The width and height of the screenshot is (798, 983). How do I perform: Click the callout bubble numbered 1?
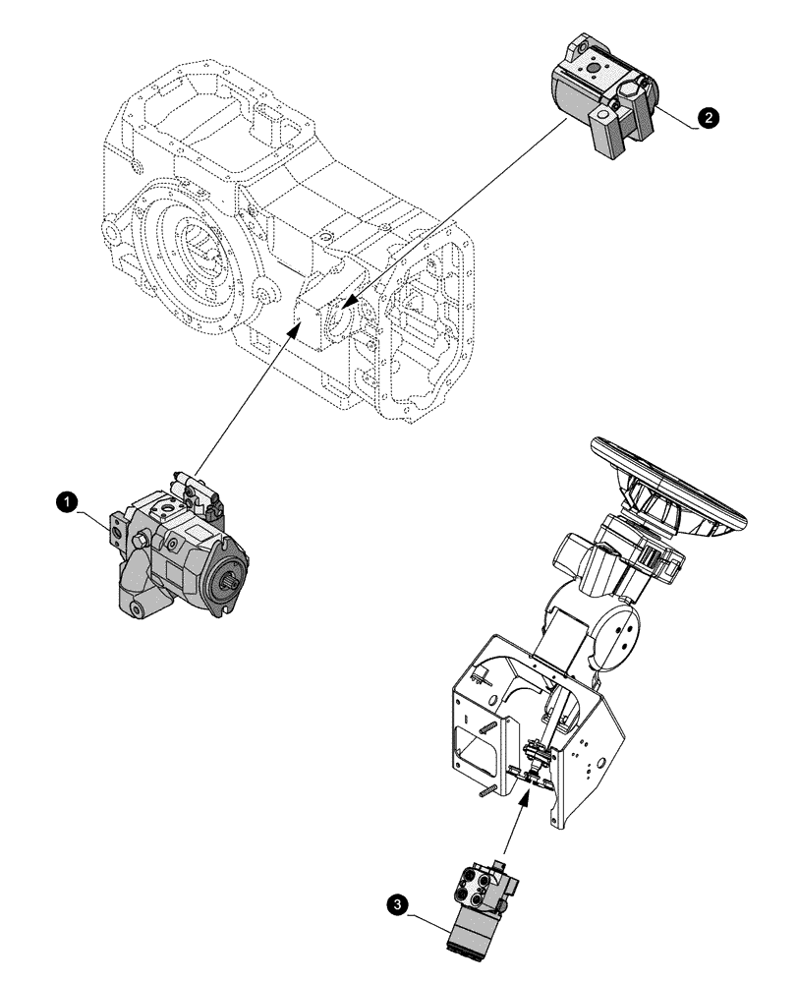(66, 501)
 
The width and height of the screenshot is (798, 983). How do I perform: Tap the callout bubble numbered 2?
(706, 117)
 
